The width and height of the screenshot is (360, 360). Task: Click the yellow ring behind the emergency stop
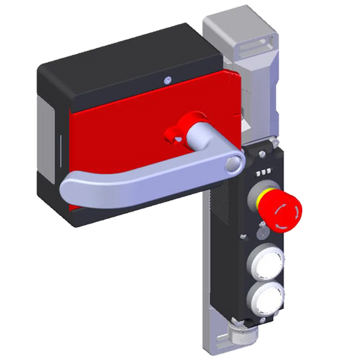pos(263,201)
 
